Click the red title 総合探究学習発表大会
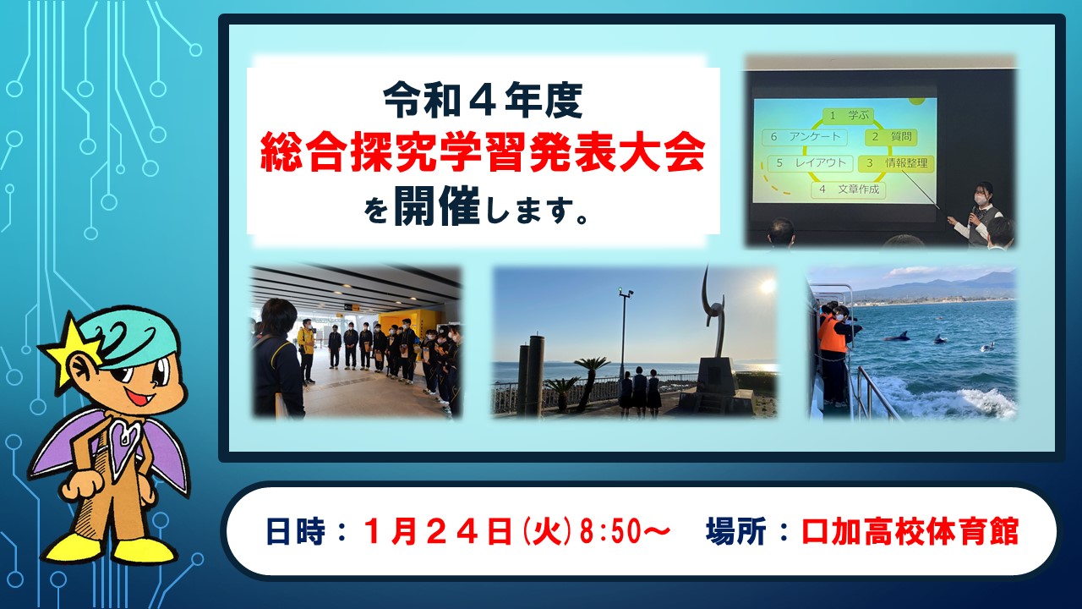482,153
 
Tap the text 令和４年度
483,101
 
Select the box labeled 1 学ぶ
848,116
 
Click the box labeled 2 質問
891,137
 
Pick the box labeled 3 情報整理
895,163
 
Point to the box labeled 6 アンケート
804,137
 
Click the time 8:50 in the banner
610,531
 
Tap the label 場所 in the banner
735,531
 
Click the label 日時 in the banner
295,531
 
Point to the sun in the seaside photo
766,287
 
